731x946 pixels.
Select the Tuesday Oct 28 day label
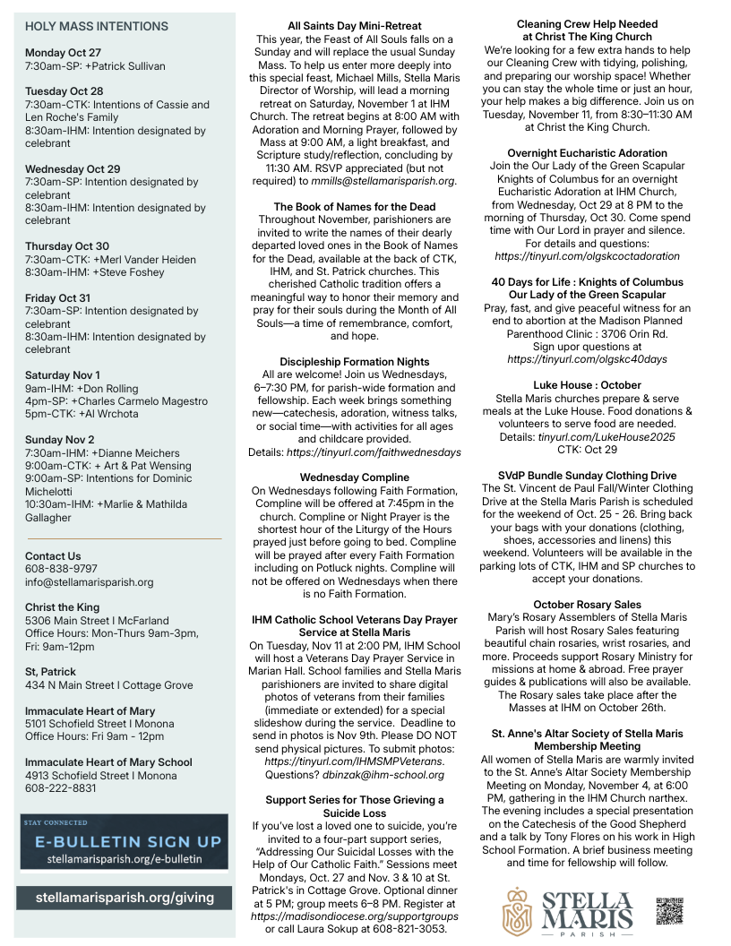(64, 91)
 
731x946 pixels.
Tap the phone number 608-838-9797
(61, 569)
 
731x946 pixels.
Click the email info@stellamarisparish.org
(89, 581)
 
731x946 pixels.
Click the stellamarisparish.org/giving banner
(125, 897)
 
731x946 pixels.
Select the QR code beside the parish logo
(669, 910)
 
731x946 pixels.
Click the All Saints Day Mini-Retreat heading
(355, 26)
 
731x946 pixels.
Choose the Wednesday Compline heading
(355, 477)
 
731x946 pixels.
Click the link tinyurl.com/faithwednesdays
(374, 452)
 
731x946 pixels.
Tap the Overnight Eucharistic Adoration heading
(587, 153)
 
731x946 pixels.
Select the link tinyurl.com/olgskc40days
(587, 359)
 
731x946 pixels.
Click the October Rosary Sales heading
(587, 605)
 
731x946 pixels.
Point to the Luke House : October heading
(587, 385)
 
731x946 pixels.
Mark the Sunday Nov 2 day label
(59, 440)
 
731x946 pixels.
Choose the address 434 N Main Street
(71, 685)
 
